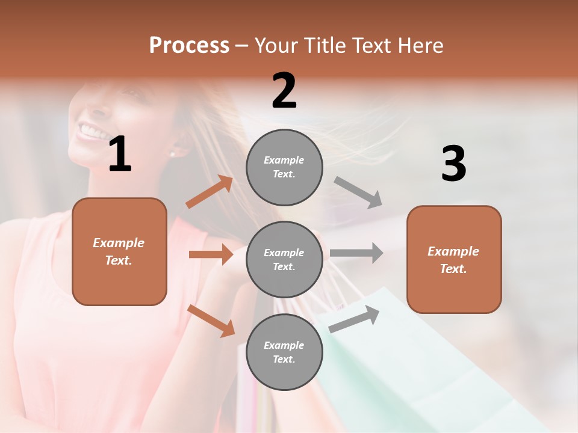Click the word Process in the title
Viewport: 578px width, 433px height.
[x=189, y=46]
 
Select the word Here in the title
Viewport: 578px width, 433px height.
[x=418, y=46]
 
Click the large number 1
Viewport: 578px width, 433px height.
[x=120, y=155]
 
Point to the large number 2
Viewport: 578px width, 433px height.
[x=284, y=91]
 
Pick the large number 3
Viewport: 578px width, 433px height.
[x=453, y=164]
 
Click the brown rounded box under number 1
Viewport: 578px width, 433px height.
[x=119, y=251]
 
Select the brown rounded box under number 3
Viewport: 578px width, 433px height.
[x=454, y=259]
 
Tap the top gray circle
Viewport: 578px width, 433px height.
[x=284, y=167]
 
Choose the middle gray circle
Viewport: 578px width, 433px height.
[x=284, y=259]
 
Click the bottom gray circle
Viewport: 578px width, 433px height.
[x=284, y=352]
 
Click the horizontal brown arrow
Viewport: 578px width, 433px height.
[x=211, y=254]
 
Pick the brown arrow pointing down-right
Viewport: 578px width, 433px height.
[x=211, y=321]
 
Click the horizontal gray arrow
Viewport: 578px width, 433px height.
[x=356, y=253]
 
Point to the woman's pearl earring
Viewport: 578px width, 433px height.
[x=173, y=153]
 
